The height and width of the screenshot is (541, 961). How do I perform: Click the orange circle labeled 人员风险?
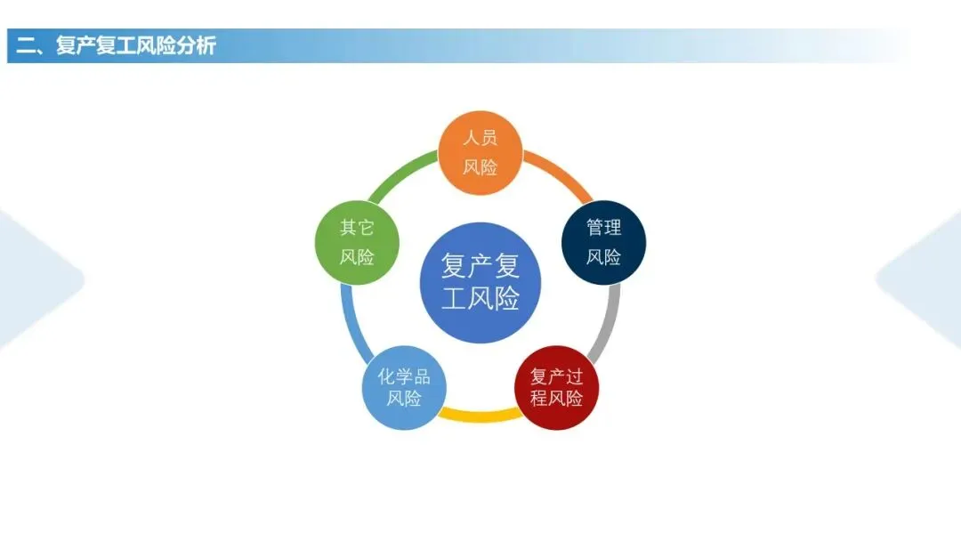pos(480,153)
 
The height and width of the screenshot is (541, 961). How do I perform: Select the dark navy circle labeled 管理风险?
pos(603,242)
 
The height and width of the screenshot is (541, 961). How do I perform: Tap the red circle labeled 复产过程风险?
pos(557,387)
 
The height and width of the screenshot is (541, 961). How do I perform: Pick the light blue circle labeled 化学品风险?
pos(403,387)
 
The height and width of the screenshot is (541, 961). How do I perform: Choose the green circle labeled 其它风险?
pos(357,242)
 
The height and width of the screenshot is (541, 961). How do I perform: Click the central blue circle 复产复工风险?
pos(480,282)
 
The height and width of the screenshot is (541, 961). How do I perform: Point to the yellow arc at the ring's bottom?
pos(480,413)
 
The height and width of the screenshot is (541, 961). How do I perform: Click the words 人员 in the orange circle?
pos(480,138)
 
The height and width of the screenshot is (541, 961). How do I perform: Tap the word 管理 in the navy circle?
pos(603,228)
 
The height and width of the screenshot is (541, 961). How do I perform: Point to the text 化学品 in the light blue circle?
pos(404,376)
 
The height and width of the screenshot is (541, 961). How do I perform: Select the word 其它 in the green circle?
pos(357,228)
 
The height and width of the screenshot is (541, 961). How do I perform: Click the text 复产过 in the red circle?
pos(557,376)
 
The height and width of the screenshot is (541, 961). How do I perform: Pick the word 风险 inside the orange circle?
pos(480,167)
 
